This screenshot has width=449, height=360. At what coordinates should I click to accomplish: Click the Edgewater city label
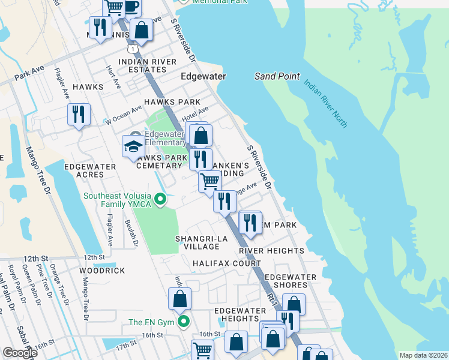point(203,77)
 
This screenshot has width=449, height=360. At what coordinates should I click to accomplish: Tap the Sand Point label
point(277,76)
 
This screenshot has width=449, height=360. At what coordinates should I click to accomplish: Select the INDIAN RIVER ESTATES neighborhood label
point(147,67)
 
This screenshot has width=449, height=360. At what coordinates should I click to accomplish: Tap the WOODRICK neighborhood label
point(102,271)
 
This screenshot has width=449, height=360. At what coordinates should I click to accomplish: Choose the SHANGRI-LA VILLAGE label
point(197,242)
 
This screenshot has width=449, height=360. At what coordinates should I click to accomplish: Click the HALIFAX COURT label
point(226,263)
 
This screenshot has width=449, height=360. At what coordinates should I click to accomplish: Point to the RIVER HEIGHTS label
point(271,250)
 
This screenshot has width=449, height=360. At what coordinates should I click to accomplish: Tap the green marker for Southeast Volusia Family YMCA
point(160,199)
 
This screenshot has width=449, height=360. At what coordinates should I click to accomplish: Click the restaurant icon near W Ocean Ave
point(79,114)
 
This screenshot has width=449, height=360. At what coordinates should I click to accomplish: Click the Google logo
point(20,352)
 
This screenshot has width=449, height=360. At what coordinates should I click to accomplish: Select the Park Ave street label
point(30,73)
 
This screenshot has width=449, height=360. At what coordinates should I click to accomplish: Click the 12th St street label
point(94,257)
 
